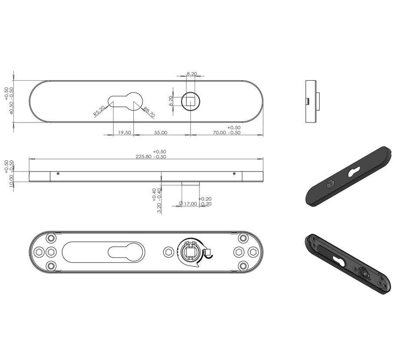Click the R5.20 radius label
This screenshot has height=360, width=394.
click(x=99, y=111)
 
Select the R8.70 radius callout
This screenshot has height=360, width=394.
click(x=149, y=112)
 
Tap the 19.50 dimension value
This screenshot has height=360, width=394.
click(x=124, y=132)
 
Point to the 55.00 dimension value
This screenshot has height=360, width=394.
click(x=161, y=132)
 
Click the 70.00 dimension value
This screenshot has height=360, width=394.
click(x=219, y=132)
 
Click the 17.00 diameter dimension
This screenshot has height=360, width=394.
click(x=190, y=204)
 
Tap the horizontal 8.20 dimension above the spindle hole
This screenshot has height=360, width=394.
click(x=192, y=74)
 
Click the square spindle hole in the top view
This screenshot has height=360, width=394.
click(x=190, y=101)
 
